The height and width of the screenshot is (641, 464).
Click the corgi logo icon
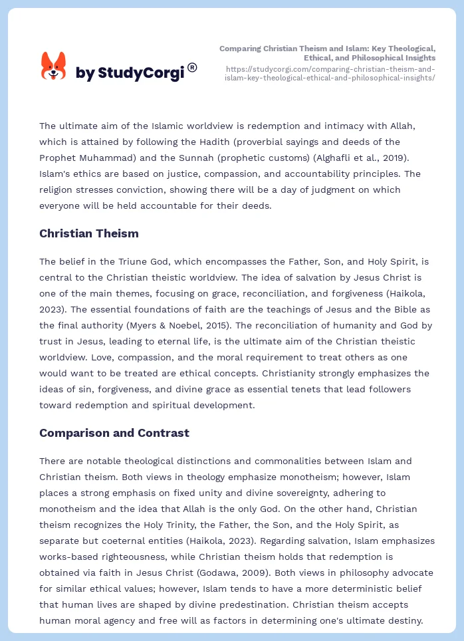click(54, 66)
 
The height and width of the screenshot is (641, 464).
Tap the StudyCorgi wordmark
click(130, 73)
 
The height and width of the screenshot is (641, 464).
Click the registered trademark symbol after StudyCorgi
click(192, 66)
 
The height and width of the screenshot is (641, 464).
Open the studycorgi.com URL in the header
click(330, 73)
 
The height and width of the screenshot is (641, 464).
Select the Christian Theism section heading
click(89, 233)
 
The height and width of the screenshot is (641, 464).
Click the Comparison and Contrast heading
click(114, 433)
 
